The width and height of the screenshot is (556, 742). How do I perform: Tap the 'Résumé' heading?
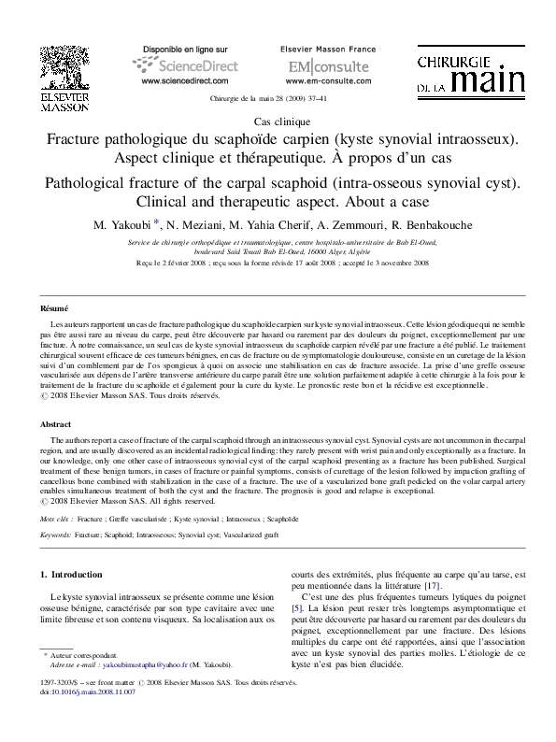point(53,307)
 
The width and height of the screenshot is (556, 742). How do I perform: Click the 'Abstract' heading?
point(55,424)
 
